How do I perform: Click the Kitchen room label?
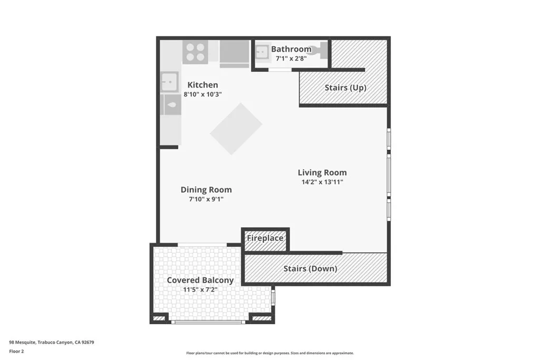click(202, 85)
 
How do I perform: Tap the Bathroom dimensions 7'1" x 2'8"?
click(291, 58)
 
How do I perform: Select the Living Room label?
click(322, 172)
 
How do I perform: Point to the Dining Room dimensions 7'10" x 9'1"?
click(206, 199)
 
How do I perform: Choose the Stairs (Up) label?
click(345, 87)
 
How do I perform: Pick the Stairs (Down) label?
click(310, 268)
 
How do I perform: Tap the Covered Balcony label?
click(200, 280)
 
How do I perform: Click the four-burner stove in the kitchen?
click(195, 52)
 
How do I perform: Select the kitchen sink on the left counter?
click(169, 82)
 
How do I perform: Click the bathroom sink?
click(263, 52)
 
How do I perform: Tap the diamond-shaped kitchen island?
click(236, 129)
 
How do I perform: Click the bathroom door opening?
click(280, 70)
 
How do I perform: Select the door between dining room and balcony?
click(202, 245)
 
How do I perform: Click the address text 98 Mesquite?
click(22, 342)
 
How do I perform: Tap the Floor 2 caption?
click(16, 352)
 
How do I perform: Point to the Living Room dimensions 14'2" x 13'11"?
click(322, 182)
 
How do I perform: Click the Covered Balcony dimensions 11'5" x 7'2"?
click(200, 289)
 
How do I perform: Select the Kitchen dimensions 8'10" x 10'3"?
click(202, 94)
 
